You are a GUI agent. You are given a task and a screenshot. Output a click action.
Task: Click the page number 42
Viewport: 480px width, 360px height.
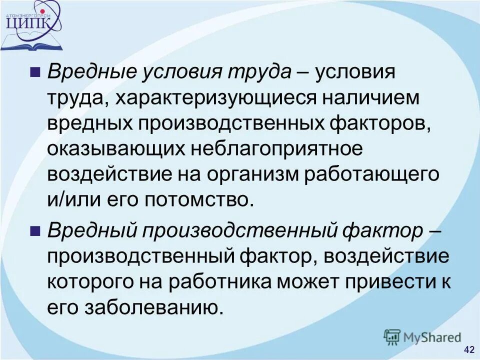click(x=469, y=349)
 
